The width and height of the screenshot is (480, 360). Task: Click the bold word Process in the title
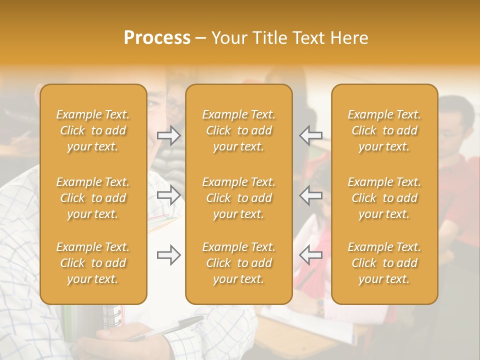tap(157, 38)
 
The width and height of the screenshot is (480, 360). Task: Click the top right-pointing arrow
tap(168, 135)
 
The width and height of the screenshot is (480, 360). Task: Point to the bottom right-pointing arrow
tap(168, 255)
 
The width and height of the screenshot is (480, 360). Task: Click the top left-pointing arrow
tap(310, 135)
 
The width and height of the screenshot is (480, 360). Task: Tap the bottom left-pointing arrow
tap(310, 255)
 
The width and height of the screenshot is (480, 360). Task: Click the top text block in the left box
tap(93, 130)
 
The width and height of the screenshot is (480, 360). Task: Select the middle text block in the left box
tap(93, 198)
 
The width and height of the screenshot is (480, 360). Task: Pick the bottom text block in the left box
tap(93, 263)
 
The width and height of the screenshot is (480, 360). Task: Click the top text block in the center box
tap(238, 130)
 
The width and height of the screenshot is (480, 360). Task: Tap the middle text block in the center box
tap(238, 198)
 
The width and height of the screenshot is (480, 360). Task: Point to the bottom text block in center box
tap(238, 263)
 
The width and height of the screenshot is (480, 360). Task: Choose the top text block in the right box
tap(384, 130)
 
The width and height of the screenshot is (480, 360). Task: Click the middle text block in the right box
tap(384, 198)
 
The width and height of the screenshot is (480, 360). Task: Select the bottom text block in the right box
tap(384, 263)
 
